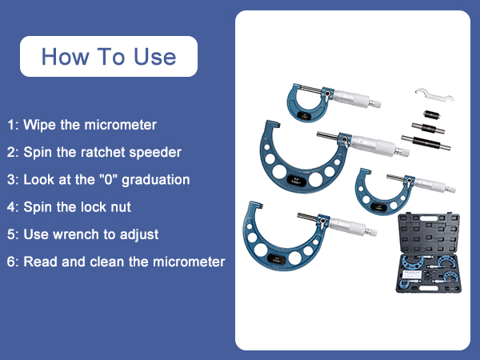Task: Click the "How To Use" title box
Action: [108, 57]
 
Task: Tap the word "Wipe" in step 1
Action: [39, 125]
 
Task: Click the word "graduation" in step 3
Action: [164, 179]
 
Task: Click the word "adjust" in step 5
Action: [139, 234]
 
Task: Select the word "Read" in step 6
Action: [39, 262]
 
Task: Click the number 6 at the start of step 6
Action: [11, 262]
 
